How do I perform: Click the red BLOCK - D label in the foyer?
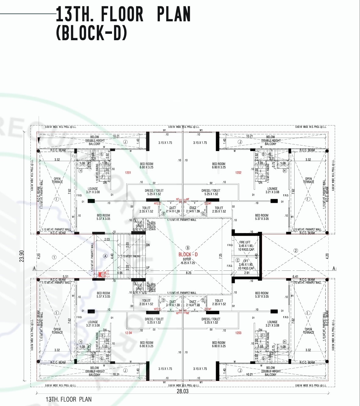[x=188, y=254]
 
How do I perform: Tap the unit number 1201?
[x=128, y=173]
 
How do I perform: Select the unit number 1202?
[x=238, y=173]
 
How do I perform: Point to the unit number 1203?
[x=238, y=333]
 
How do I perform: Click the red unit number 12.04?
[x=128, y=333]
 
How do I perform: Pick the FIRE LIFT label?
[x=245, y=242]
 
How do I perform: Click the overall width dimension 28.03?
[x=183, y=391]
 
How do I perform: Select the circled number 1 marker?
[x=54, y=257]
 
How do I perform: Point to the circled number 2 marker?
[x=295, y=251]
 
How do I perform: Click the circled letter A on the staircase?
[x=105, y=256]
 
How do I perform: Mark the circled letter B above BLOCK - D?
[x=188, y=248]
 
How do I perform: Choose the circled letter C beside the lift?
[x=238, y=260]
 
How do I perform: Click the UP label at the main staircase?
[x=148, y=268]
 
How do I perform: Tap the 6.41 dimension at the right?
[x=295, y=277]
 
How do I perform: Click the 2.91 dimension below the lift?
[x=247, y=273]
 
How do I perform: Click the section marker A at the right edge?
[x=334, y=268]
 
